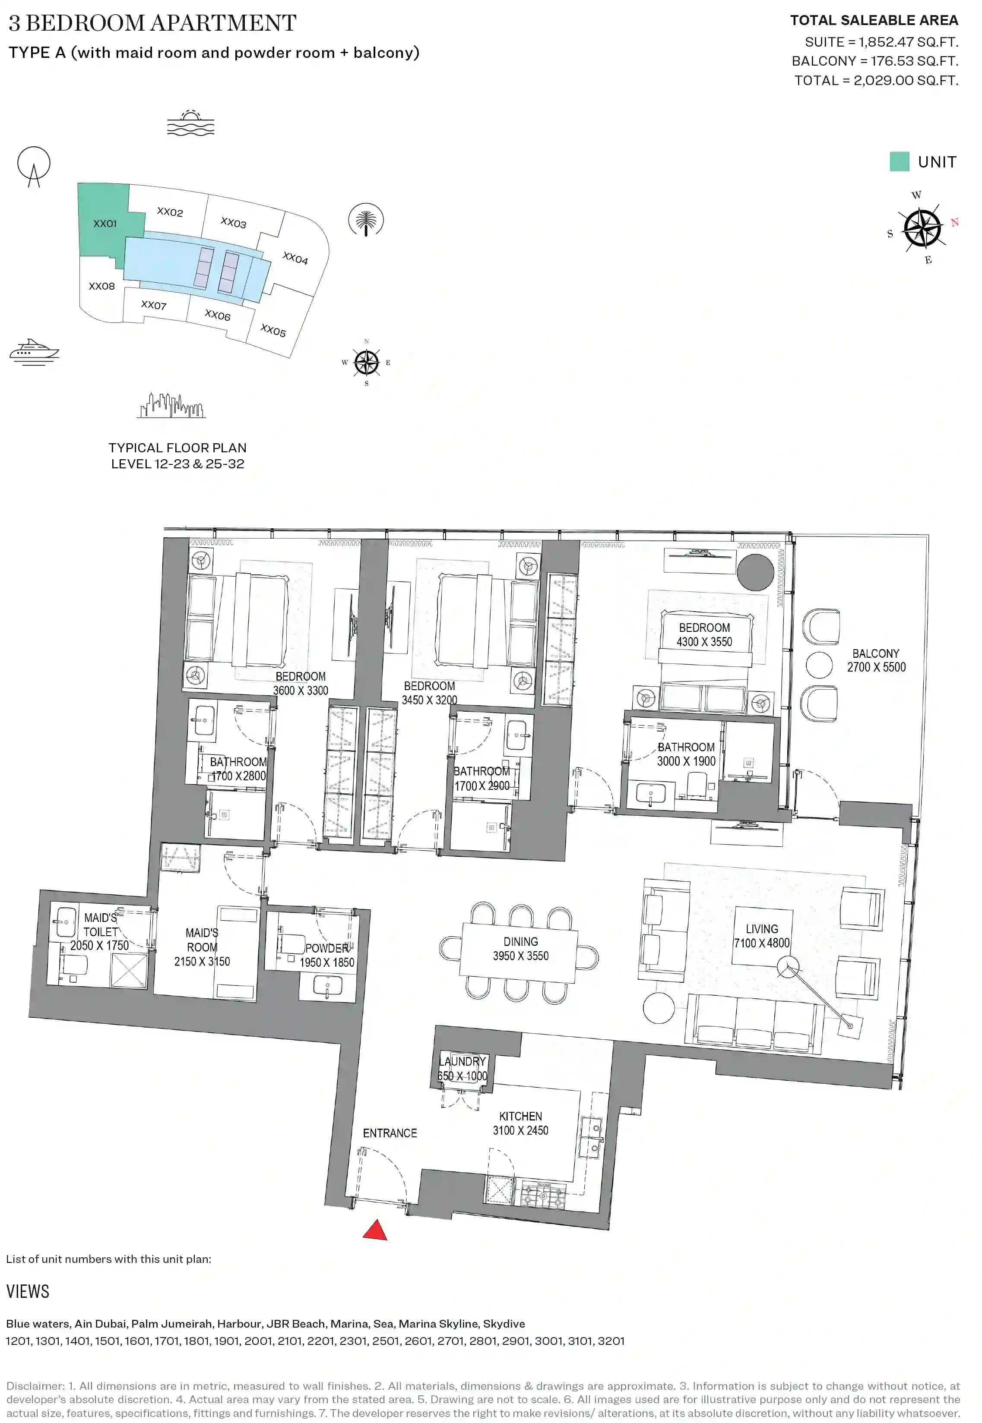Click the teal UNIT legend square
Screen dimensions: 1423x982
(899, 162)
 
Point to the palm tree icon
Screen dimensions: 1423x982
(366, 220)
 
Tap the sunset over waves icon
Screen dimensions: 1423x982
(191, 123)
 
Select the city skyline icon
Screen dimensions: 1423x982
(171, 405)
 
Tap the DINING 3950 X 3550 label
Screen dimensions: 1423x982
(520, 948)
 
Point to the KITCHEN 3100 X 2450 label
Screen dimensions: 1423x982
(520, 1123)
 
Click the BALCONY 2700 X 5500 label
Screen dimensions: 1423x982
(876, 660)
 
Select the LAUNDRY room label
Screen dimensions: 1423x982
(462, 1068)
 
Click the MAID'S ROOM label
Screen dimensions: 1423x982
(202, 947)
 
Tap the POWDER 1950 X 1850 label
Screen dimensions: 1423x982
(327, 956)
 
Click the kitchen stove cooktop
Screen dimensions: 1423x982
(543, 1194)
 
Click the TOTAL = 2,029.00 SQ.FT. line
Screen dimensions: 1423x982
(876, 81)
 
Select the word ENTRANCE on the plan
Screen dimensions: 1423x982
(390, 1133)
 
